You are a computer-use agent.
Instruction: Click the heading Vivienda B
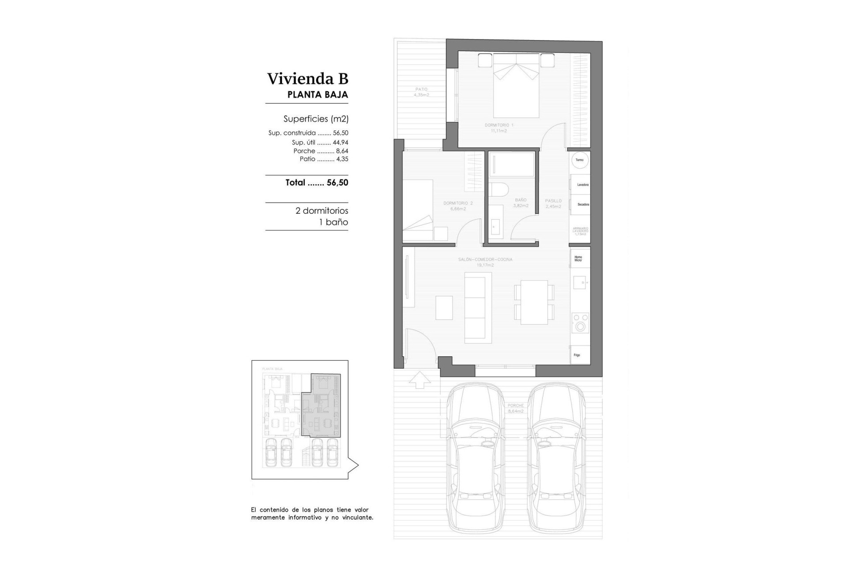coord(307,79)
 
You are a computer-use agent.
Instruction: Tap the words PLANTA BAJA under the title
coord(318,95)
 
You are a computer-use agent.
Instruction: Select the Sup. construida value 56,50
coord(340,133)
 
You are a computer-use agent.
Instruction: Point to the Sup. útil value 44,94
coord(340,143)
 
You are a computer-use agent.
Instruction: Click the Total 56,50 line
coord(317,183)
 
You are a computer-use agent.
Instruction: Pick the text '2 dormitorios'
coord(322,211)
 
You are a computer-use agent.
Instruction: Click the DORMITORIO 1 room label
coord(499,128)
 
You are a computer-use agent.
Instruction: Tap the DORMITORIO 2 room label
coord(458,206)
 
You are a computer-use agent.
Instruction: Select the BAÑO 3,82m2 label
coord(521,203)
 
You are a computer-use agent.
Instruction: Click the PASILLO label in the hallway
coord(553,204)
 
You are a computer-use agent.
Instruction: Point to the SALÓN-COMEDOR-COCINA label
coord(485,262)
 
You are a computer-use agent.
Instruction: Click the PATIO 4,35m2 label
coord(421,92)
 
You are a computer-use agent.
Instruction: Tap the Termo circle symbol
coord(579,160)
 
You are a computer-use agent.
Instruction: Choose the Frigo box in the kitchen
coord(579,355)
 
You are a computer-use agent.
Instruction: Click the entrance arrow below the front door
coord(419,380)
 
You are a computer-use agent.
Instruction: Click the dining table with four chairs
coord(534,302)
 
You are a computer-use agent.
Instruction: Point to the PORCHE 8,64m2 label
coord(515,408)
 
